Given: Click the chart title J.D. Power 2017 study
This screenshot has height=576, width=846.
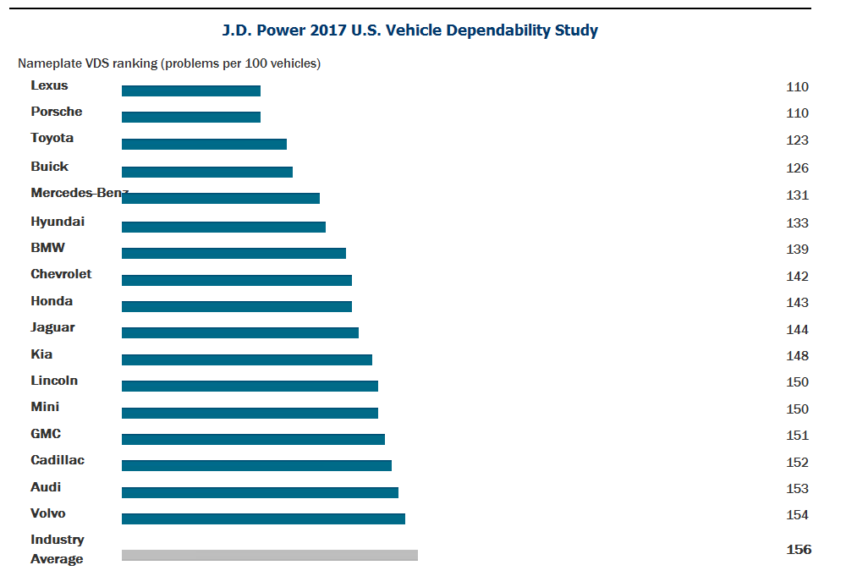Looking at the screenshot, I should coord(409,31).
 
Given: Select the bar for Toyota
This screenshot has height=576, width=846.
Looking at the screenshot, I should coord(204,144).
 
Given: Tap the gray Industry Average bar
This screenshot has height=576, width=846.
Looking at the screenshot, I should coord(269,555).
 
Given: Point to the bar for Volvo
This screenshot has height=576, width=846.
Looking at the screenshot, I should coord(263,518).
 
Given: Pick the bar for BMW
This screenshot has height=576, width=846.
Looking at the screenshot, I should coord(233,253).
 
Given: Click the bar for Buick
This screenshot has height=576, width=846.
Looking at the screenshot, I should coord(207,172).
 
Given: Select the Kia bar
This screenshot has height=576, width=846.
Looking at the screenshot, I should coord(246,359).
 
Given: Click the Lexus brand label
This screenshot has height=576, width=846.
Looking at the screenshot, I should coord(49,85).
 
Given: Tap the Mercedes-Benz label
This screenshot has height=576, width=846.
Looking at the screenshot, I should coord(79,193).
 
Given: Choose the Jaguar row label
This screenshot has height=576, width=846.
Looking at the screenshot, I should coord(52,327).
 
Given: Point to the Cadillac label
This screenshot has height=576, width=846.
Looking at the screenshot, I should coord(58,460).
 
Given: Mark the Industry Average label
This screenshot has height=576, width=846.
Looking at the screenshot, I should coord(58,549).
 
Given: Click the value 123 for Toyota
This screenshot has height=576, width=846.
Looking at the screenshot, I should coord(797,140).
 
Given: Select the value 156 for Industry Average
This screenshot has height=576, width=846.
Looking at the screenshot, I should coord(798,550).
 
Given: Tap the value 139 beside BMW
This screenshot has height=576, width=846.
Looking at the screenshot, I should coord(797,250).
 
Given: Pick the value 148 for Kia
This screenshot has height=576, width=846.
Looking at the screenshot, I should coord(797,356).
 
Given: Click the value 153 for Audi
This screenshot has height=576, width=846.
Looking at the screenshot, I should coord(797,489).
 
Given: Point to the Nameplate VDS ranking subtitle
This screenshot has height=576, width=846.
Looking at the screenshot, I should coord(169,63).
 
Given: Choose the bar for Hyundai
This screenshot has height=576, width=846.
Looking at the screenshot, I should coord(223,227).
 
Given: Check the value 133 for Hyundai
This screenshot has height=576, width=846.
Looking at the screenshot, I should coord(797,223).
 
